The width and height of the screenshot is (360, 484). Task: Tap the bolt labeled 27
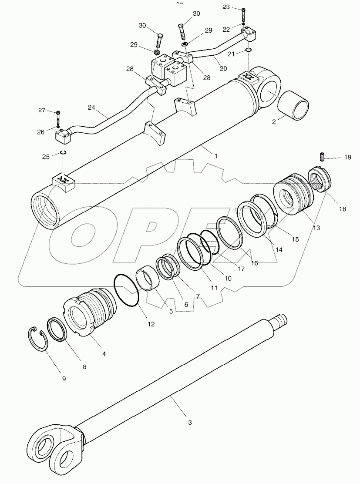tap(58, 117)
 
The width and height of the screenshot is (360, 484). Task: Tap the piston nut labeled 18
tap(320, 180)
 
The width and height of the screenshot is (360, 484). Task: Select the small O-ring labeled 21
tap(247, 50)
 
